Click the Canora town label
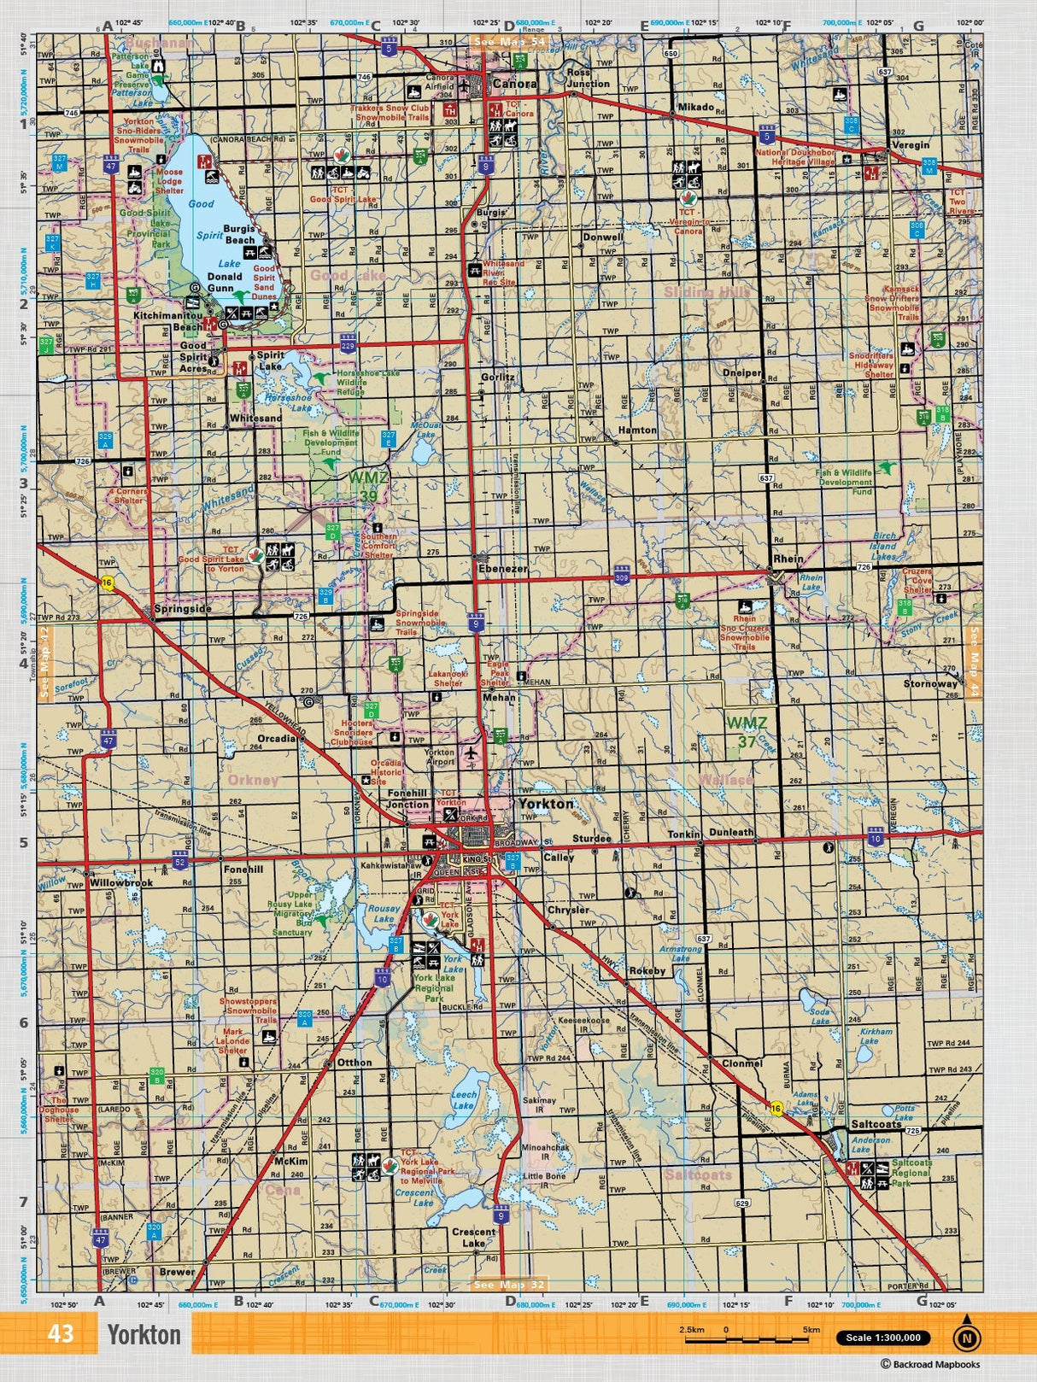click(515, 84)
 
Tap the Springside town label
click(182, 609)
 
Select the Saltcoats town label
click(876, 1124)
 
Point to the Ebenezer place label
click(502, 568)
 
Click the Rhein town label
click(788, 559)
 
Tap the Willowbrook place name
click(121, 882)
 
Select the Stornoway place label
click(930, 683)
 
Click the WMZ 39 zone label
click(367, 487)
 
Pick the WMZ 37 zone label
click(747, 732)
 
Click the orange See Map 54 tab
click(509, 41)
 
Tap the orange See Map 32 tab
click(509, 1285)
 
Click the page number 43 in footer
click(61, 1334)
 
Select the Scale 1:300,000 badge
click(882, 1338)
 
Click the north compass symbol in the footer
click(966, 1338)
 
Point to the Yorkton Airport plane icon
click(470, 753)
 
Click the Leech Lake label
click(464, 1099)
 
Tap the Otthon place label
click(354, 1063)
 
